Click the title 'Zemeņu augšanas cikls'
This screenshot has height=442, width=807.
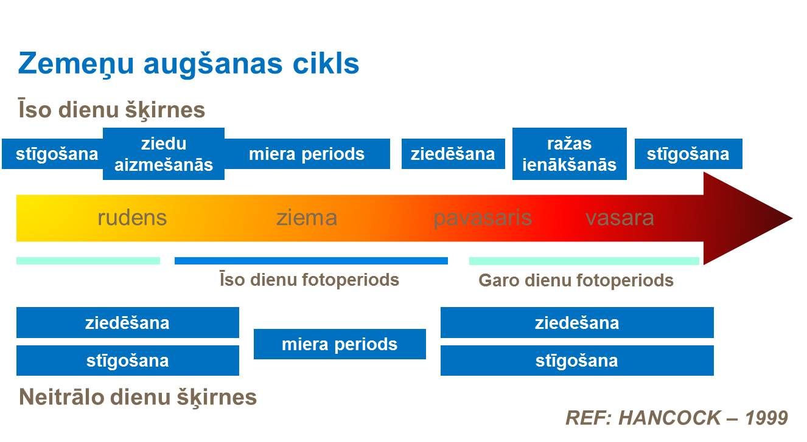coord(189,64)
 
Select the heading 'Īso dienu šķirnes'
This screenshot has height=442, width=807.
coord(111,110)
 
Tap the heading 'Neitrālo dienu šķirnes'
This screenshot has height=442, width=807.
coord(138,397)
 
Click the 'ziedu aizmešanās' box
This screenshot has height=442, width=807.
coord(164,154)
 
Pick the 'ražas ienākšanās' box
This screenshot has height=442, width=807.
coord(569,154)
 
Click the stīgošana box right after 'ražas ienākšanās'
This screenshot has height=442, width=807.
coord(688,154)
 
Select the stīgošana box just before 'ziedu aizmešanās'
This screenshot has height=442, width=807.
coord(53,154)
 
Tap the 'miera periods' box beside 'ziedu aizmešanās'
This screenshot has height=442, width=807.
coord(307,154)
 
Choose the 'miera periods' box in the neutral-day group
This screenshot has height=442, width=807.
coord(339,344)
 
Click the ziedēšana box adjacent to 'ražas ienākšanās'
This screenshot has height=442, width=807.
coord(453,154)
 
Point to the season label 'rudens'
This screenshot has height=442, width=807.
coord(132,218)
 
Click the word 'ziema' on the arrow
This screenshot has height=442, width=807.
coord(307,218)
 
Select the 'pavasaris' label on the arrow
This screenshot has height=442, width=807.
coord(483,218)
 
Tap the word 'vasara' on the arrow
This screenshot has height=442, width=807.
coord(620,218)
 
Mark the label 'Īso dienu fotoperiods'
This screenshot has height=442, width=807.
coord(309,280)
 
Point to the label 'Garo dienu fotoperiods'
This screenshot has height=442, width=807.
coord(576,280)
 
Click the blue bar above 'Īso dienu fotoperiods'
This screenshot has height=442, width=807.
coord(311,261)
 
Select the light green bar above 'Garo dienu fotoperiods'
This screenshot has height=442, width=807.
coord(584,261)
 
